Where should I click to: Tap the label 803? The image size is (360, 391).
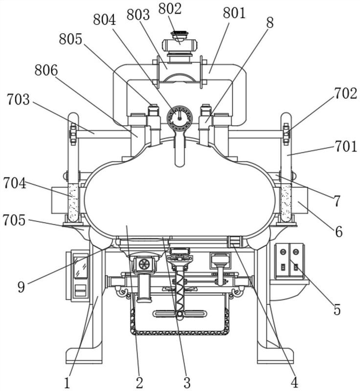pyautogui.click(x=138, y=15)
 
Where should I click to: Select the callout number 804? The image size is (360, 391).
pyautogui.click(x=104, y=20)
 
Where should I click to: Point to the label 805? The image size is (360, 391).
pyautogui.click(x=70, y=39)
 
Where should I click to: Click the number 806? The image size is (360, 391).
pyautogui.click(x=46, y=70)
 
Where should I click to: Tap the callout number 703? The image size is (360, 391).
pyautogui.click(x=18, y=99)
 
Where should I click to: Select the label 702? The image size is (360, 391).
pyautogui.click(x=345, y=93)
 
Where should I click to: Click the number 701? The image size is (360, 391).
pyautogui.click(x=346, y=146)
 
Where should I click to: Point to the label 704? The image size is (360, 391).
pyautogui.click(x=15, y=183)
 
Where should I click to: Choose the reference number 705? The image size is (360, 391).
pyautogui.click(x=14, y=220)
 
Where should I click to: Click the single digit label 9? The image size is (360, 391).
pyautogui.click(x=21, y=287)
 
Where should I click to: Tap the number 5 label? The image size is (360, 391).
pyautogui.click(x=337, y=310)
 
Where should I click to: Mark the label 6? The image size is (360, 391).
pyautogui.click(x=338, y=232)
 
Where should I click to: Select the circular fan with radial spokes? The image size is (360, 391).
pyautogui.click(x=144, y=264)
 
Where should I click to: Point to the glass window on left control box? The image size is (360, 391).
pyautogui.click(x=80, y=266)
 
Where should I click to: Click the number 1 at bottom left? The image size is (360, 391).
pyautogui.click(x=67, y=383)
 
